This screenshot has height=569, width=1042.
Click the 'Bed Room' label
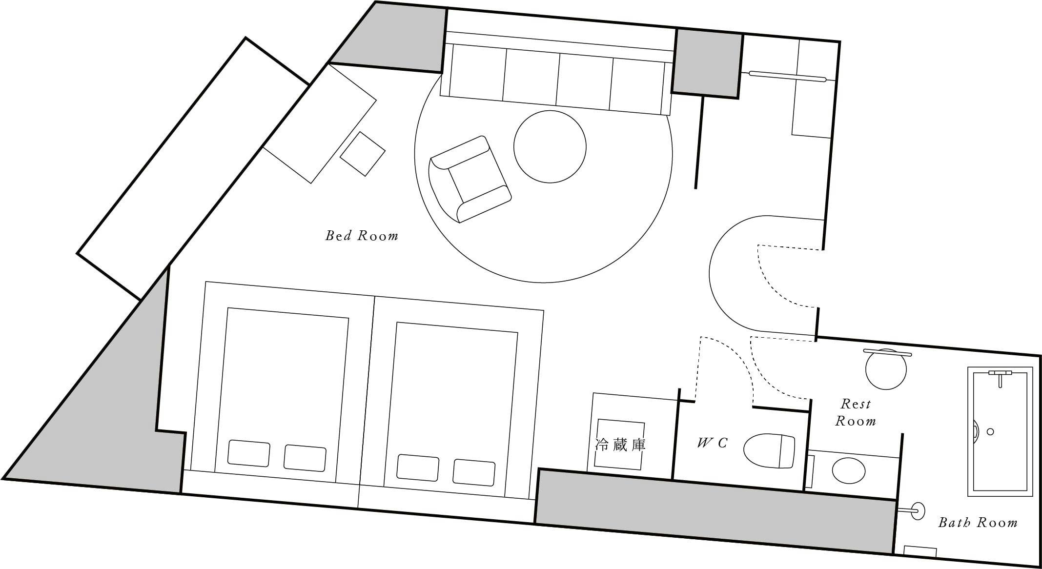362,236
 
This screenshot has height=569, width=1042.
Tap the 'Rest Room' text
856,412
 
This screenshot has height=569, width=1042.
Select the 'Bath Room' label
978,523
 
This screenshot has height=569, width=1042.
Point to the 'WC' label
713,443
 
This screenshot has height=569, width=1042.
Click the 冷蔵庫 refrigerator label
620,445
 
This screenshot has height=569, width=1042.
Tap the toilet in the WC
769,449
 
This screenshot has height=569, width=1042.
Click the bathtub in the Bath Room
1001,431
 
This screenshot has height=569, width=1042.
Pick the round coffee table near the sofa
550,146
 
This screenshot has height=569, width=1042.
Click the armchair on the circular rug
470,179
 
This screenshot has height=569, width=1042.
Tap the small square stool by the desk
363,153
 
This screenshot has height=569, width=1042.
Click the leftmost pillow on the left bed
249,453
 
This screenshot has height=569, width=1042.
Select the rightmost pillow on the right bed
474,472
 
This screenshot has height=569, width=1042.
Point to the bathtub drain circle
990,431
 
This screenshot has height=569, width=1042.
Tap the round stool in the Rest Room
886,369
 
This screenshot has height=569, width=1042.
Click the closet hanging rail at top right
788,76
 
